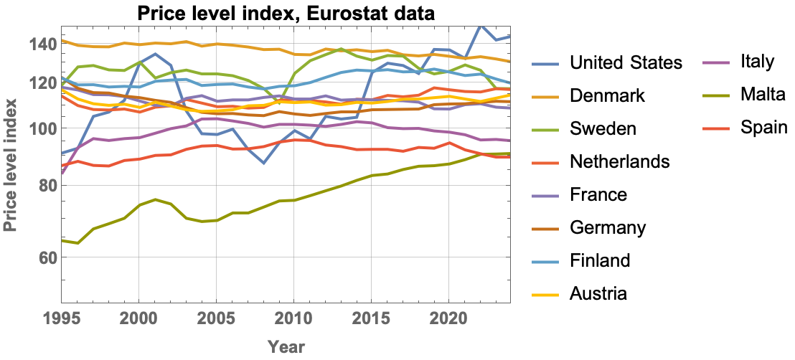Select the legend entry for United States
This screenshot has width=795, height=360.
pyautogui.click(x=625, y=62)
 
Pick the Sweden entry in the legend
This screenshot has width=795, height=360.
pyautogui.click(x=603, y=128)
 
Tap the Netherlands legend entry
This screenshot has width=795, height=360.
pyautogui.click(x=619, y=161)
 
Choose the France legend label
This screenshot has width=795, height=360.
pyautogui.click(x=598, y=194)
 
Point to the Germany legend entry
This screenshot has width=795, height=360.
pyautogui.click(x=608, y=227)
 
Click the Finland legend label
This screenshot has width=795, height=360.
pyautogui.click(x=600, y=260)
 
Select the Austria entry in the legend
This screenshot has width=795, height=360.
pyautogui.click(x=598, y=293)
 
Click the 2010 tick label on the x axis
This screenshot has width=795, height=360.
pyautogui.click(x=294, y=318)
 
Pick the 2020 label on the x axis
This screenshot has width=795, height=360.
pyautogui.click(x=448, y=318)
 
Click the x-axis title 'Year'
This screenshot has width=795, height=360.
pyautogui.click(x=286, y=347)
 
